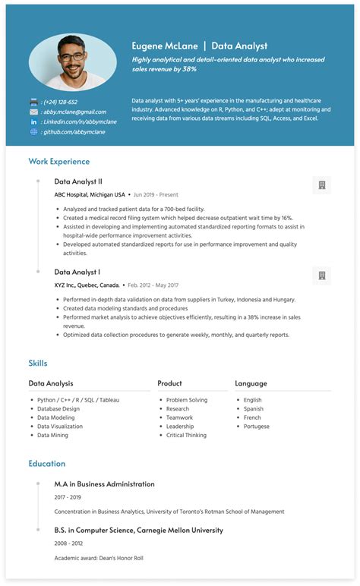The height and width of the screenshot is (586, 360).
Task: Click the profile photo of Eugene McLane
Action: pyautogui.click(x=73, y=61)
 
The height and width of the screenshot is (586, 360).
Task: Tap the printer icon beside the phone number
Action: pyautogui.click(x=33, y=102)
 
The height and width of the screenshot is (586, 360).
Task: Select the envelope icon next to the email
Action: pyautogui.click(x=33, y=112)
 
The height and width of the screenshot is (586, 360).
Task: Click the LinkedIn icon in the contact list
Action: pyautogui.click(x=33, y=121)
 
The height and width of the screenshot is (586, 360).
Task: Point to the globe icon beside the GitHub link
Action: pyautogui.click(x=33, y=131)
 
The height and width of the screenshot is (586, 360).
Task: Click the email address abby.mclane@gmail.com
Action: pyautogui.click(x=74, y=112)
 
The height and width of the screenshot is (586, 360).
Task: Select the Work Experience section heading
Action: pyautogui.click(x=58, y=162)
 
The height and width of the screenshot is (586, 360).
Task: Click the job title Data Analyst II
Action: pyautogui.click(x=78, y=181)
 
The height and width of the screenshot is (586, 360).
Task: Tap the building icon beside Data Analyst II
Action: pyautogui.click(x=321, y=185)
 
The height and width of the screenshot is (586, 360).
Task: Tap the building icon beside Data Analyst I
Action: pyautogui.click(x=321, y=276)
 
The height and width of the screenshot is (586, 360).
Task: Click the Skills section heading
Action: pyautogui.click(x=38, y=364)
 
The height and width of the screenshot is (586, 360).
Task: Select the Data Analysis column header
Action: pyautogui.click(x=51, y=383)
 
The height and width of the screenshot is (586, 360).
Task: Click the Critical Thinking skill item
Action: pyautogui.click(x=186, y=436)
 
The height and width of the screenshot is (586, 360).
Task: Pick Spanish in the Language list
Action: pyautogui.click(x=253, y=409)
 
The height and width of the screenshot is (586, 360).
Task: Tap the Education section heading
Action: pyautogui.click(x=46, y=464)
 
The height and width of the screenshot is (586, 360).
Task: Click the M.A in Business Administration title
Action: pyautogui.click(x=104, y=484)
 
